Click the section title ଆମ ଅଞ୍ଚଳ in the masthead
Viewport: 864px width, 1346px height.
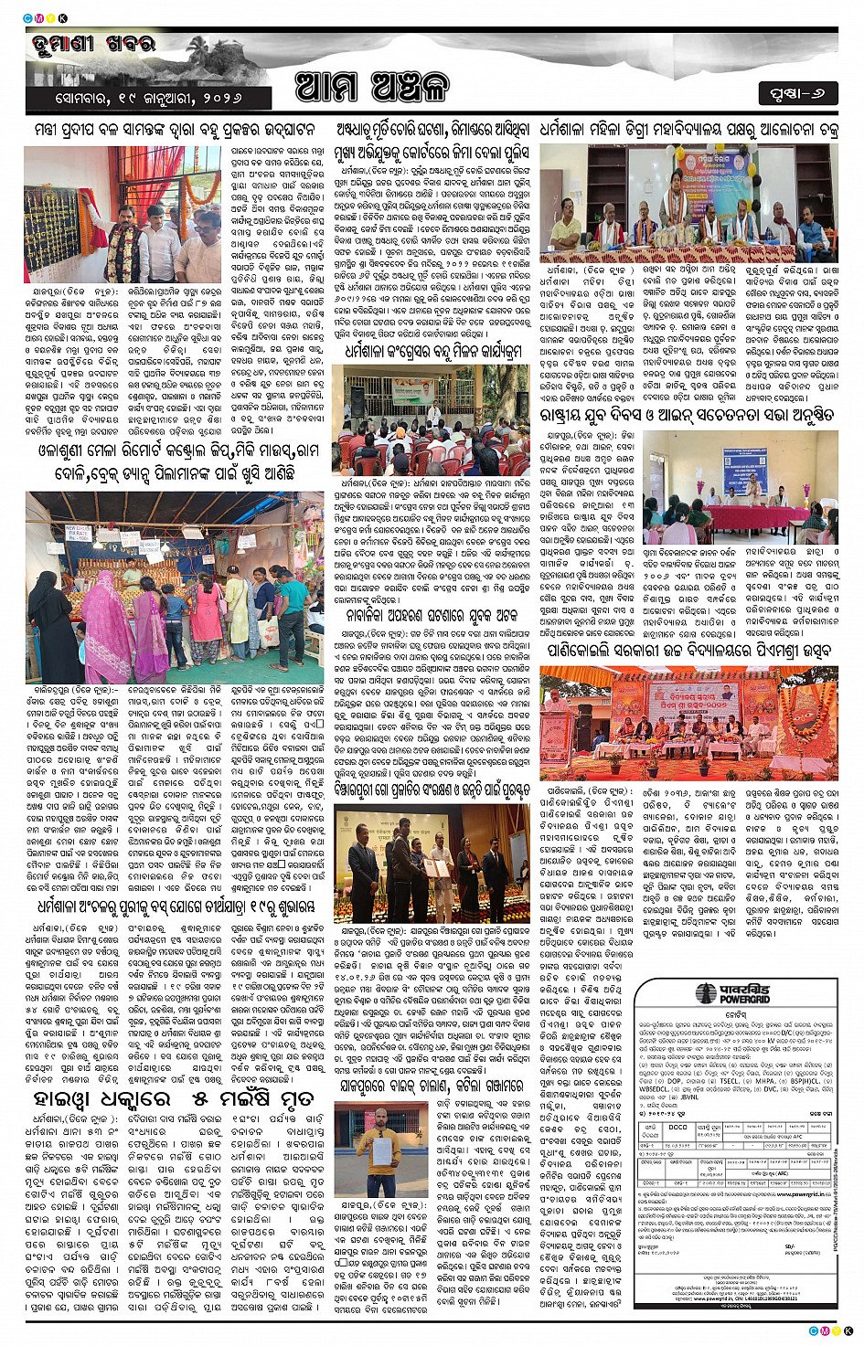tap(373, 88)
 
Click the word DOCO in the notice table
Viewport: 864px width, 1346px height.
tap(678, 1128)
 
